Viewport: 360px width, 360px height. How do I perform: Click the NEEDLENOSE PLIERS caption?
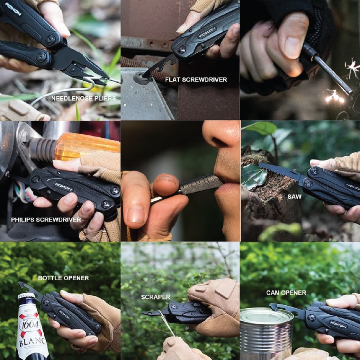[84, 98]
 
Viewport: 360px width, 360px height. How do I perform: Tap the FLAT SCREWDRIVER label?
[196, 80]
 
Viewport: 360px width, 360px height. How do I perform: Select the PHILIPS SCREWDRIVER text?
[46, 220]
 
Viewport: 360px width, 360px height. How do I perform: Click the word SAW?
[295, 197]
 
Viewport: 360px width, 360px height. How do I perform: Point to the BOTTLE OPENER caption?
[63, 278]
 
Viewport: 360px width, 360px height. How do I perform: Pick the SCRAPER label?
[156, 297]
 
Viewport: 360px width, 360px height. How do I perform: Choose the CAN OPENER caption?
[286, 293]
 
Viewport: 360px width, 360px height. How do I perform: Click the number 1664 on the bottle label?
[31, 325]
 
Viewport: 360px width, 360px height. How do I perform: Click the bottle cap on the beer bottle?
[26, 296]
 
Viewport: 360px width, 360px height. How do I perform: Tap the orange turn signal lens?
[87, 146]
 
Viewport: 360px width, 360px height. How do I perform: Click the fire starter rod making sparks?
[327, 69]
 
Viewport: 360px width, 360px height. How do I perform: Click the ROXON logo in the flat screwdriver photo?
[207, 32]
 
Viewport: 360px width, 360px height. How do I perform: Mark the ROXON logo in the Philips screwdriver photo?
[63, 187]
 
